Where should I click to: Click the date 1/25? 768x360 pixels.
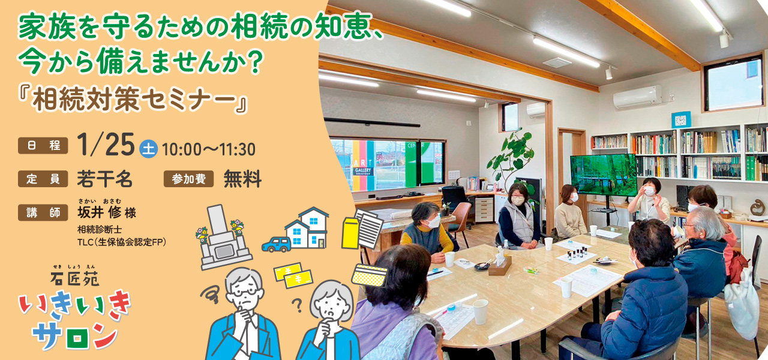tap(106, 145)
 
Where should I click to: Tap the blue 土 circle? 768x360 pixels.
tap(148, 149)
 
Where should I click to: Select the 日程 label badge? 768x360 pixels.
tap(43, 145)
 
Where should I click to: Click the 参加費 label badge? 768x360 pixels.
tap(188, 179)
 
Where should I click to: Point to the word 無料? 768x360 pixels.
tap(243, 179)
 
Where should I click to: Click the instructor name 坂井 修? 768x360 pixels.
tap(100, 212)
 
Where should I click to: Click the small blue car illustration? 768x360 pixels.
tap(277, 244)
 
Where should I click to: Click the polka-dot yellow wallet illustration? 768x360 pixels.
tap(370, 275)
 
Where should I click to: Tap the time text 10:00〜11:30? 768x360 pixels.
tap(208, 149)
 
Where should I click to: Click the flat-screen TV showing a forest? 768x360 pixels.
tap(604, 175)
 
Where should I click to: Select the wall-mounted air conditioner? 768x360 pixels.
tap(638, 97)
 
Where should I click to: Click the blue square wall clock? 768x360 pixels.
tap(681, 120)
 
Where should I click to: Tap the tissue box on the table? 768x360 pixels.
tap(500, 266)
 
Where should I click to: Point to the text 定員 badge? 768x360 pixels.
tap(43, 179)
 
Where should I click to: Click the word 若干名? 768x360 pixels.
tap(104, 179)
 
